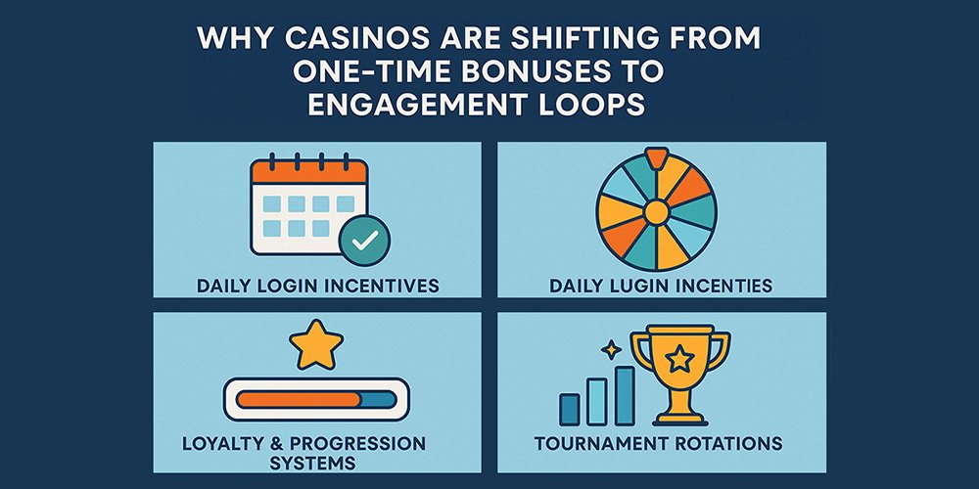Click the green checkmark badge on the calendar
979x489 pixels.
(x=364, y=241)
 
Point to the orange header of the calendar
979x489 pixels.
(x=308, y=171)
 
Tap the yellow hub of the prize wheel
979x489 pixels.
(x=656, y=212)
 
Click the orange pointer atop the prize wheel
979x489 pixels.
(x=656, y=157)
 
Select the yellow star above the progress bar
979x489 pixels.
(x=316, y=344)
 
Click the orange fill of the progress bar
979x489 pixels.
(x=299, y=399)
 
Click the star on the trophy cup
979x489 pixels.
(x=679, y=359)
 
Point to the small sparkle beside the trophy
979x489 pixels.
(x=611, y=349)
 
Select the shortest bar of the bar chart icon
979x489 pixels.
(x=570, y=409)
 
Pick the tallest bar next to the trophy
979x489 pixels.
(x=625, y=395)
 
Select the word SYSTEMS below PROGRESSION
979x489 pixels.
(x=304, y=464)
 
